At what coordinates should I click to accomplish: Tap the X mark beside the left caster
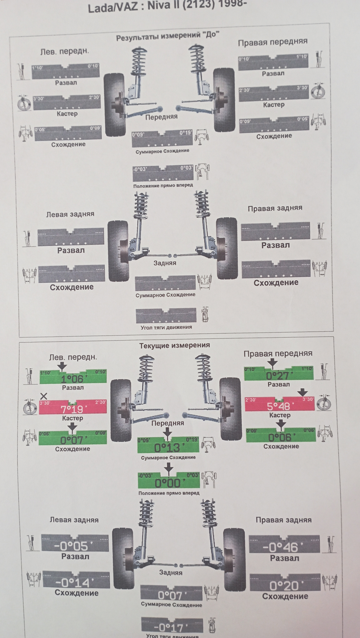tap(44, 396)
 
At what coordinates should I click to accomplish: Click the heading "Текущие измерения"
tap(174, 346)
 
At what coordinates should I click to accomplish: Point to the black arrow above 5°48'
tap(302, 392)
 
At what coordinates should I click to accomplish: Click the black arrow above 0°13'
tap(168, 433)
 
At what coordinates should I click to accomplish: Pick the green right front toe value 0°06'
tap(280, 437)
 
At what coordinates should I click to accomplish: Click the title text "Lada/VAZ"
tap(112, 7)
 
